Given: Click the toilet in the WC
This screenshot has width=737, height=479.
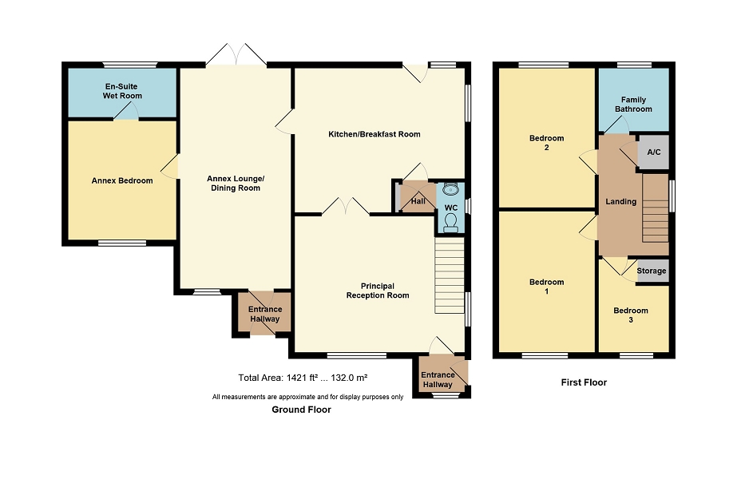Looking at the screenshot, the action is [x=450, y=223].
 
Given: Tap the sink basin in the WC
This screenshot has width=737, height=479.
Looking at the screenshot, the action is [x=450, y=189].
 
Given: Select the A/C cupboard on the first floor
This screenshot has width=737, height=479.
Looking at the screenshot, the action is [x=653, y=152].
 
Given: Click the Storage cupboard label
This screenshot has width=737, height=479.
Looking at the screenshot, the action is [x=651, y=271].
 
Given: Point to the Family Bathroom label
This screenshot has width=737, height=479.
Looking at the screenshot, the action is [x=633, y=105].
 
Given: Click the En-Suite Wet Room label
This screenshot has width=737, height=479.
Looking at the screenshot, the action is [x=122, y=91].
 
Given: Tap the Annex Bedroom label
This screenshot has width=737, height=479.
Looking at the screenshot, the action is [x=122, y=180].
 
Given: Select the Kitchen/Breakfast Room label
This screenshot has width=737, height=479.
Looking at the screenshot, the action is [x=374, y=134].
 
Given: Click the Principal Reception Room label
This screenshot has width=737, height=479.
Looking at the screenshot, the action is [x=378, y=291].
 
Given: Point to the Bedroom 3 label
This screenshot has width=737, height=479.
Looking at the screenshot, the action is [x=631, y=315].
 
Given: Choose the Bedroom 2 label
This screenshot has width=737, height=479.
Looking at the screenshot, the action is [x=546, y=142].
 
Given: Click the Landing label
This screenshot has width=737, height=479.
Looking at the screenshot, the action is [x=620, y=202].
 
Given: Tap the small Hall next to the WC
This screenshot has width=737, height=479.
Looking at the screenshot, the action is [x=418, y=201].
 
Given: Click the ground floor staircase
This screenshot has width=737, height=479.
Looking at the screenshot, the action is [x=450, y=275].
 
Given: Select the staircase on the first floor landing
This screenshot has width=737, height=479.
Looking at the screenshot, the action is [x=656, y=208].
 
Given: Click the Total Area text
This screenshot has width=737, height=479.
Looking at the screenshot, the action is [x=303, y=378].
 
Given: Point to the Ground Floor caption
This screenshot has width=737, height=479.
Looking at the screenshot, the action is [x=301, y=410].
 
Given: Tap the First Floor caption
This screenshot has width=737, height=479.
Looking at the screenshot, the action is [x=584, y=382].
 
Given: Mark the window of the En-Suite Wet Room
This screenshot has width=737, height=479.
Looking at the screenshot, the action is [x=129, y=65].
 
